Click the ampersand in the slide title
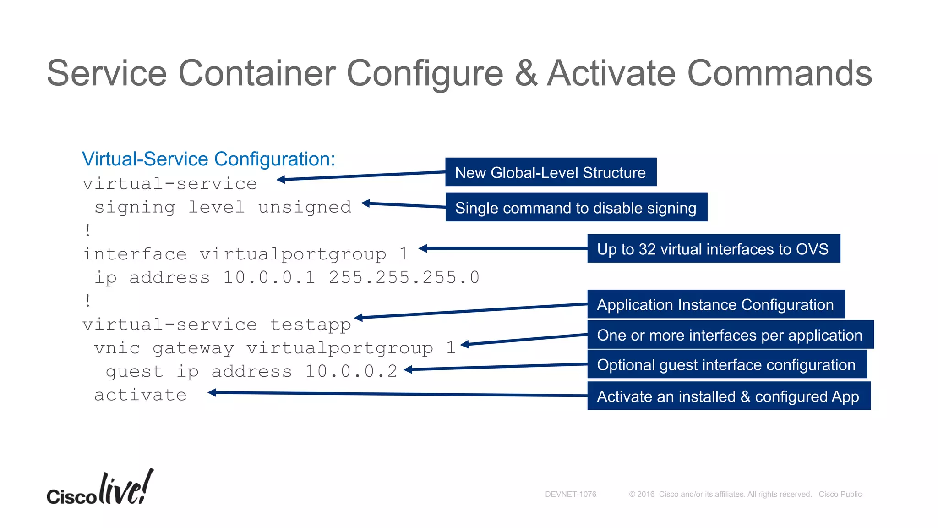pos(526,73)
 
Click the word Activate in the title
pos(611,73)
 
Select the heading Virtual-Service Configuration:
pos(208,159)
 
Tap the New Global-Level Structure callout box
pos(551,172)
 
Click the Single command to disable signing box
pos(576,208)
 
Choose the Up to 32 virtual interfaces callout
pos(713,249)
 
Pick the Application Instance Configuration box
pos(715,304)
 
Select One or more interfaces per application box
pos(730,335)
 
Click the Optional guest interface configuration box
pos(726,365)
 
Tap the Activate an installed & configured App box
pos(728,396)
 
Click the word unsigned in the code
pos(305,207)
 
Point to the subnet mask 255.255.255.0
pos(404,277)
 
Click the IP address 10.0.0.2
pos(351,371)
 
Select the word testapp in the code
pos(311,324)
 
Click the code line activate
pos(141,395)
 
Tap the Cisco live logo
pos(100,489)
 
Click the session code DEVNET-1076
pos(570,494)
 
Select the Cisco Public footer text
pos(840,494)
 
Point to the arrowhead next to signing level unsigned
pos(365,203)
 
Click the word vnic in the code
pos(117,348)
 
